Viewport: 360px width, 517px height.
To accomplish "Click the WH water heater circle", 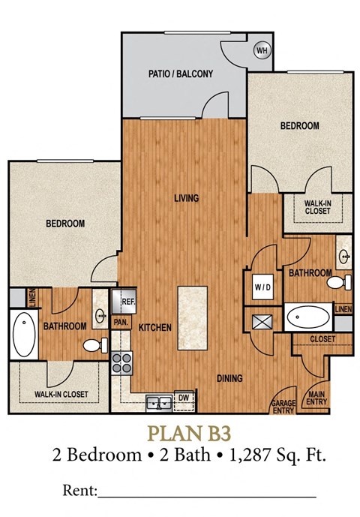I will pos(262,50).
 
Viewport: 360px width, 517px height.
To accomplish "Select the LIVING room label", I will pos(185,198).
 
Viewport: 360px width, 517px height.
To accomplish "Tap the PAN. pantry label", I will pos(120,323).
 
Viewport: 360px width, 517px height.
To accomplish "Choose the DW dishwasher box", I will pos(183,397).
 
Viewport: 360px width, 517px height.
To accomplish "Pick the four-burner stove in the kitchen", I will pos(121,365).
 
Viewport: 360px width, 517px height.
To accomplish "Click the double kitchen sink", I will pos(158,403).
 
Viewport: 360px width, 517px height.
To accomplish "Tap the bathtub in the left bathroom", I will pos(22,335).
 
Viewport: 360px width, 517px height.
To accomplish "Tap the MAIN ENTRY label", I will pos(316,400).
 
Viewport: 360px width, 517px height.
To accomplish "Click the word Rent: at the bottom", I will pos(77,491).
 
